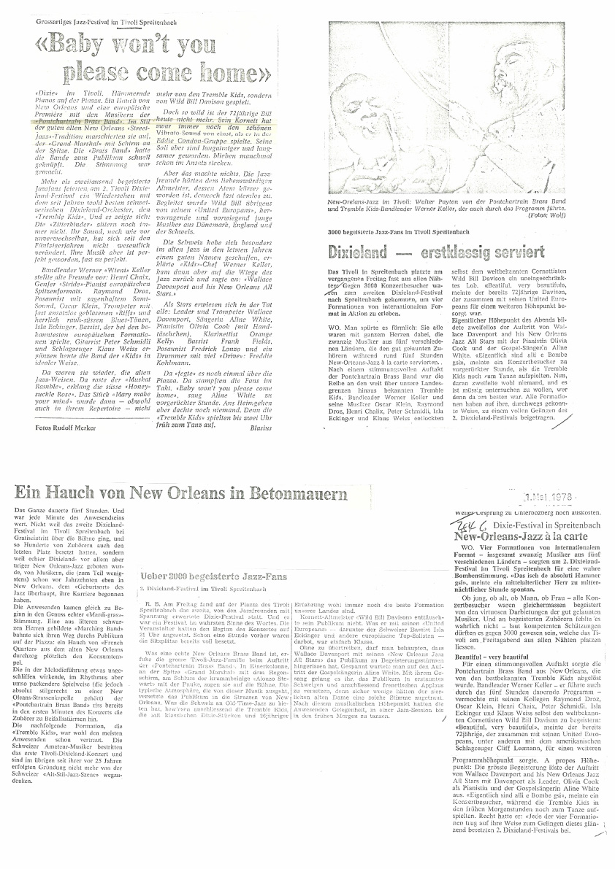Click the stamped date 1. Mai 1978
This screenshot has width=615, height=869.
pyautogui.click(x=547, y=498)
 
